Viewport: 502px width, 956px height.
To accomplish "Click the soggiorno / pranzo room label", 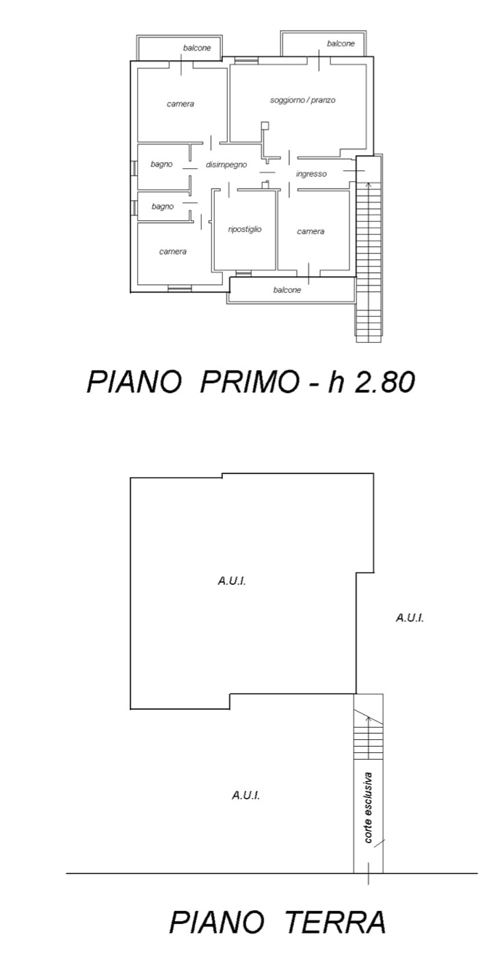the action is [303, 101].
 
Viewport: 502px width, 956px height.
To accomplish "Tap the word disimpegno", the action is [226, 165].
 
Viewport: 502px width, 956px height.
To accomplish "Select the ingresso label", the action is [311, 174].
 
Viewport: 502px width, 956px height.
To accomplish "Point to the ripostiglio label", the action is [245, 229].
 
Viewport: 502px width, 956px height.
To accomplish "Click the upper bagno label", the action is [161, 164].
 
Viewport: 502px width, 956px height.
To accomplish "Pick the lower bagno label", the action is [163, 207].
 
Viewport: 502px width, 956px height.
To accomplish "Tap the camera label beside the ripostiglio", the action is [311, 231].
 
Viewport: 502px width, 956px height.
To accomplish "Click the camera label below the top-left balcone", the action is [180, 104].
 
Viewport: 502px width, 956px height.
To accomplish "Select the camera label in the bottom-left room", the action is [173, 252].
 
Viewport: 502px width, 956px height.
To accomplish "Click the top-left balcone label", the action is [197, 48].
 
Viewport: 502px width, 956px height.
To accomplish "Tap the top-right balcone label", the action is [341, 44].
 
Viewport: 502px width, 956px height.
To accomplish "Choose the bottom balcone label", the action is [287, 290].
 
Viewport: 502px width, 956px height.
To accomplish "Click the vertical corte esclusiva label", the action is [368, 808].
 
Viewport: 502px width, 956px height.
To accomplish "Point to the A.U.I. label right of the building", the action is [410, 618].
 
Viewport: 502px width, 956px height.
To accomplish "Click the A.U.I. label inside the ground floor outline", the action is [232, 581].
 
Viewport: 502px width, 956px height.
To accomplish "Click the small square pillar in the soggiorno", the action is [265, 126].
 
